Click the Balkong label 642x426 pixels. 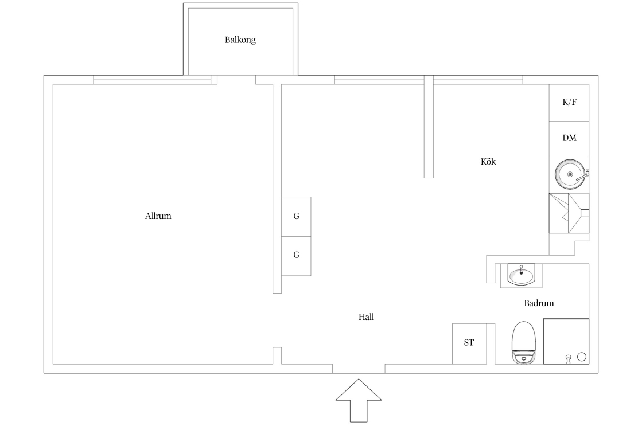240,40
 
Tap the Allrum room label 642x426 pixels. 158,216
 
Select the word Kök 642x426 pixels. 488,161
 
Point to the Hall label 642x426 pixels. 366,316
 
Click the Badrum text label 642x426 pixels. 539,303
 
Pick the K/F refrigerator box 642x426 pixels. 569,103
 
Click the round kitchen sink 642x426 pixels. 570,174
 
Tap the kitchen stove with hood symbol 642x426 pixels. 569,213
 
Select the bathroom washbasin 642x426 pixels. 521,273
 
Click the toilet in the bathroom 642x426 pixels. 524,342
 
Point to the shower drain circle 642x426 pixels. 581,357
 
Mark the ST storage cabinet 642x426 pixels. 469,344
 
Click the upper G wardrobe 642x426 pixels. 296,217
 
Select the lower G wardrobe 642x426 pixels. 296,256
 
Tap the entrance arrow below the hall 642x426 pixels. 359,401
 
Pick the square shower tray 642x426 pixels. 566,342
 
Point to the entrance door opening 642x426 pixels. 359,369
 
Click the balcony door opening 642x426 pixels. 236,80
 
